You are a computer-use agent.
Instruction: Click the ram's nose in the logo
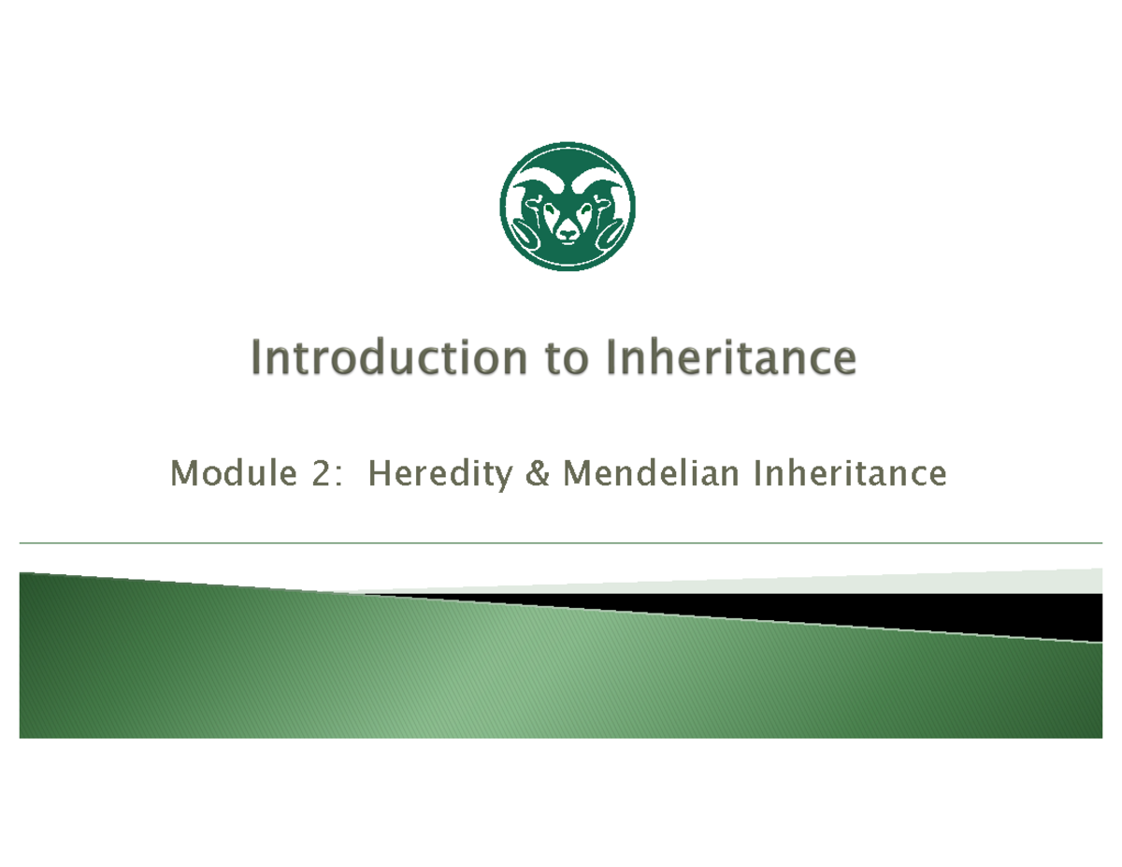[x=568, y=234]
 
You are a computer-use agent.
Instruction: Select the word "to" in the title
[x=558, y=359]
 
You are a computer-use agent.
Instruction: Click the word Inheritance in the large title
[x=730, y=358]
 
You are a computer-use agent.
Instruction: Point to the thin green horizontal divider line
[x=561, y=542]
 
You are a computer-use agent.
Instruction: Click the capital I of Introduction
[x=258, y=358]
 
